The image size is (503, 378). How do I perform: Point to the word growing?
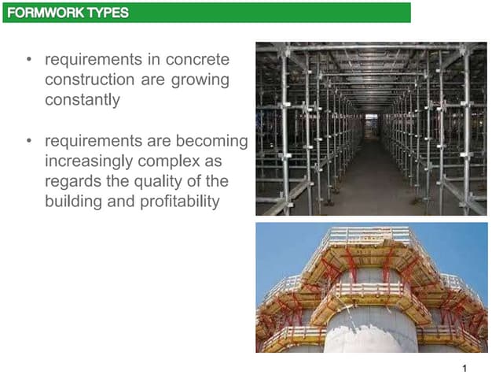point(204,80)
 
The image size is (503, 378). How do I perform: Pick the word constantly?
point(82,101)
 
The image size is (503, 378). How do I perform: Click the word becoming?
point(210,142)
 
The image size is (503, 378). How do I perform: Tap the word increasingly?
point(86,161)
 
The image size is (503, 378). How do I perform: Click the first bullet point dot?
point(28,61)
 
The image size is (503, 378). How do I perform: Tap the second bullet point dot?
point(28,142)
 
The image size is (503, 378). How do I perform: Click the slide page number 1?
point(465,369)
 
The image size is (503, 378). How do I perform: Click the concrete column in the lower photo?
point(369,331)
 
